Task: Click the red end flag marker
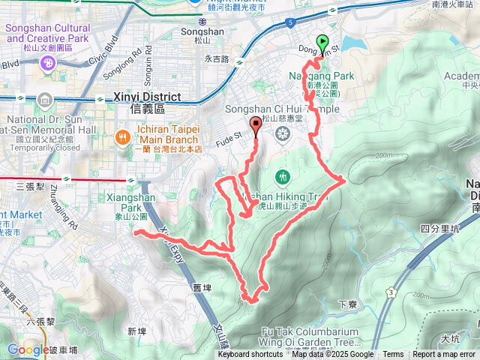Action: pos(256,127)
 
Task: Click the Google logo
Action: pos(27,349)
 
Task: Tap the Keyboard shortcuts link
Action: pos(250,355)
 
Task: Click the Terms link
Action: pos(393,355)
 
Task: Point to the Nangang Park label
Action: pos(322,76)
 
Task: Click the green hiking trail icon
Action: pos(282,177)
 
